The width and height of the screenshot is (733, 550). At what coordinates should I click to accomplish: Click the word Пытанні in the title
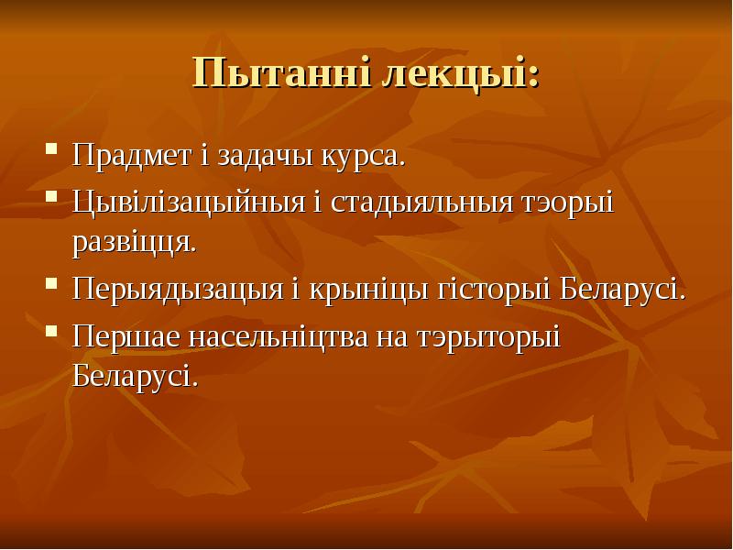[x=282, y=73]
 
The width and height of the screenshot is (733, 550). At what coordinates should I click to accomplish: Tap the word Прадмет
[x=132, y=155]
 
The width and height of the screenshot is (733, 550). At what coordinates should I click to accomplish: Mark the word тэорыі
[x=567, y=203]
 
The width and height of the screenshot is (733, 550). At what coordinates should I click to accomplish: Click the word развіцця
[x=134, y=243]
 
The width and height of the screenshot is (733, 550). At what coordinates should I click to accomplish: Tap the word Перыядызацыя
[x=178, y=290]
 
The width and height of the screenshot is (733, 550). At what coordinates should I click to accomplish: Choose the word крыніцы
[x=368, y=290]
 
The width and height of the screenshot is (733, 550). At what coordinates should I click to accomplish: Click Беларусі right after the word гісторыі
[x=622, y=289]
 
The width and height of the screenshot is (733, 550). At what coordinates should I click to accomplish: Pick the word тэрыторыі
[x=488, y=337]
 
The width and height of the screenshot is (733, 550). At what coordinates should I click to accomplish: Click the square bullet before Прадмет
[x=51, y=149]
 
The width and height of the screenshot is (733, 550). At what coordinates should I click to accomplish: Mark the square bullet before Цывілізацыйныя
[x=51, y=195]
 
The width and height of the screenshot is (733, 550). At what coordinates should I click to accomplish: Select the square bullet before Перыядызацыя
[x=51, y=283]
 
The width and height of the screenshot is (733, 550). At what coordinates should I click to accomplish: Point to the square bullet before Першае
[x=51, y=331]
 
